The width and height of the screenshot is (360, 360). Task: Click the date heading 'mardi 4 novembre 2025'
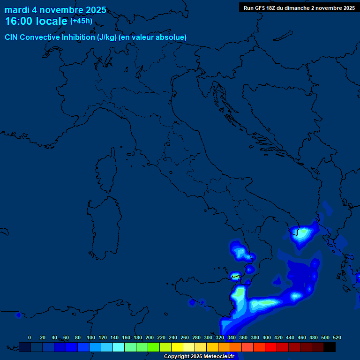click(x=55, y=10)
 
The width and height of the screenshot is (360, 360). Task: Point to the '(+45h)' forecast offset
click(x=81, y=21)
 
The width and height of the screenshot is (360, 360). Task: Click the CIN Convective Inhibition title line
click(x=96, y=37)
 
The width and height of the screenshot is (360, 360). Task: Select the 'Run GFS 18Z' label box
click(x=299, y=8)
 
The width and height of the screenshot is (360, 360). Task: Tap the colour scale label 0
click(x=30, y=337)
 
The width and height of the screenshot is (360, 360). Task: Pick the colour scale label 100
click(x=91, y=337)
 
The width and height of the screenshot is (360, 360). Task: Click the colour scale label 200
click(x=150, y=337)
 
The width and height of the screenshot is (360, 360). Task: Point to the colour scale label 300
click(x=208, y=337)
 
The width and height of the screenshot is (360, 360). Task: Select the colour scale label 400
click(x=267, y=337)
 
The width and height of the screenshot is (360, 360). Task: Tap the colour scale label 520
click(x=337, y=337)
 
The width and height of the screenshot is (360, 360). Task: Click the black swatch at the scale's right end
click(x=330, y=347)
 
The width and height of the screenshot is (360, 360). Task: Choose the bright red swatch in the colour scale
click(x=271, y=347)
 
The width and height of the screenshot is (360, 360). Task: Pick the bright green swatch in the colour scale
click(x=154, y=347)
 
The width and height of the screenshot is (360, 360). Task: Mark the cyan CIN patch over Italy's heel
click(x=302, y=233)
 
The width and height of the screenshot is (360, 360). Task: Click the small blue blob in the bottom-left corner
click(x=18, y=315)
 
